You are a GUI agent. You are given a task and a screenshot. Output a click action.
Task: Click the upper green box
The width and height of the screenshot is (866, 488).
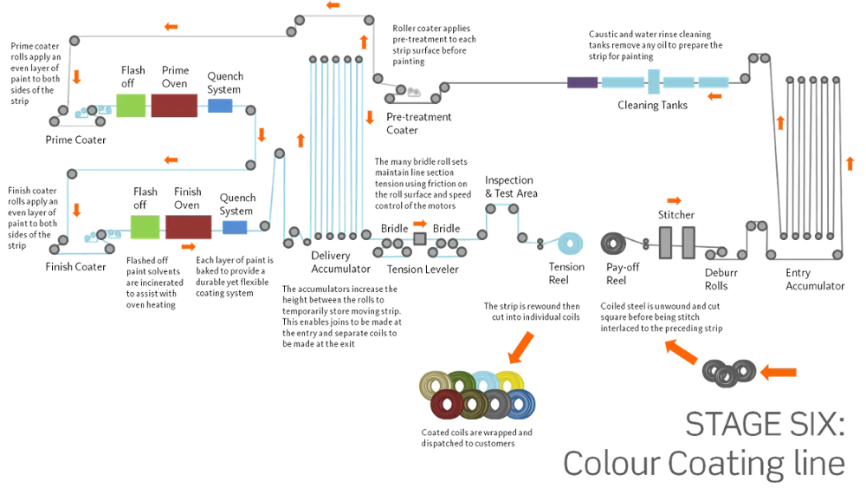pyautogui.click(x=132, y=105)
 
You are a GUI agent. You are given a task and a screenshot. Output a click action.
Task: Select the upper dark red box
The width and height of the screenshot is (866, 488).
pyautogui.click(x=174, y=105)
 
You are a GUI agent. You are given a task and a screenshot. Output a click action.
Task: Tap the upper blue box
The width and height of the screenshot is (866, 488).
pyautogui.click(x=220, y=106)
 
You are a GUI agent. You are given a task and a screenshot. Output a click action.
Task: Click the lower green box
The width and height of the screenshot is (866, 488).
pyautogui.click(x=145, y=227)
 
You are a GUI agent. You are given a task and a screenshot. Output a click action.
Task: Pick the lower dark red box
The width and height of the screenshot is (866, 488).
pyautogui.click(x=189, y=227)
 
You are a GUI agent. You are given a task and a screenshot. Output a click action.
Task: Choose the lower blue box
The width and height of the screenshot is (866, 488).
pyautogui.click(x=235, y=227)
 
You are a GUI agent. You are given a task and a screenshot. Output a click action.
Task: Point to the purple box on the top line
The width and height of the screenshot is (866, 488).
pyautogui.click(x=583, y=81)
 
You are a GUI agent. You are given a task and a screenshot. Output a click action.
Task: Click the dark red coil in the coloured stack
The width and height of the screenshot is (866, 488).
pyautogui.click(x=447, y=404)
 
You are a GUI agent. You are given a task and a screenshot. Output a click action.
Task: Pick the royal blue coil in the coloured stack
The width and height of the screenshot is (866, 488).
pyautogui.click(x=521, y=404)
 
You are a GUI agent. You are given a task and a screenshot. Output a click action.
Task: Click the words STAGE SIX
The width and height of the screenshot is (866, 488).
pyautogui.click(x=763, y=424)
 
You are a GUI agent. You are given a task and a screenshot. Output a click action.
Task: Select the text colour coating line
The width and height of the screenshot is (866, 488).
pyautogui.click(x=702, y=464)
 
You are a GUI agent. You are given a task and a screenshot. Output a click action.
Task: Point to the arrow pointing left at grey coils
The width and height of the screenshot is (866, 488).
pyautogui.click(x=779, y=373)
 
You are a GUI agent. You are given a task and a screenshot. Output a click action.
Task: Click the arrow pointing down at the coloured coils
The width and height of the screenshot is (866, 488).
pyautogui.click(x=520, y=346)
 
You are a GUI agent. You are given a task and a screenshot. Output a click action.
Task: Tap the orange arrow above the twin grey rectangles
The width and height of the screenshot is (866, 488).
pyautogui.click(x=674, y=201)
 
